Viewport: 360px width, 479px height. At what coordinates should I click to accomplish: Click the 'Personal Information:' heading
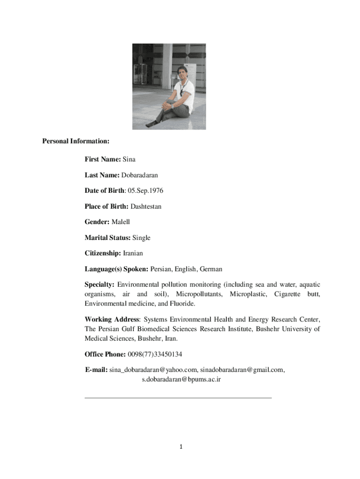click(76, 141)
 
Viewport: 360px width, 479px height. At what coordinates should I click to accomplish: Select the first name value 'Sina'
click(129, 160)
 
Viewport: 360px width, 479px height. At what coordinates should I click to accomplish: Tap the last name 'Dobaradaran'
click(140, 175)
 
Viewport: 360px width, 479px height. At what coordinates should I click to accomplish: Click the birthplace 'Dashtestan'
click(146, 206)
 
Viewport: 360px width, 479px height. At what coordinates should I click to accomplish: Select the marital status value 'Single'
click(141, 238)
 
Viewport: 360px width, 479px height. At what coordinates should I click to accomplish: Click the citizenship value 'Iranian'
click(133, 254)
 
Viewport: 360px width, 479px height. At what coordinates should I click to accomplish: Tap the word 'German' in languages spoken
click(210, 269)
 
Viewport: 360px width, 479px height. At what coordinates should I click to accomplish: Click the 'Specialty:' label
click(100, 284)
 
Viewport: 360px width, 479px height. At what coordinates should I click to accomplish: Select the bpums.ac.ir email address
click(181, 379)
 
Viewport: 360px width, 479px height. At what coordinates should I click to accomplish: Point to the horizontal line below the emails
click(178, 398)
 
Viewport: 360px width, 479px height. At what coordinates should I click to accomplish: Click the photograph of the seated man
click(169, 87)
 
